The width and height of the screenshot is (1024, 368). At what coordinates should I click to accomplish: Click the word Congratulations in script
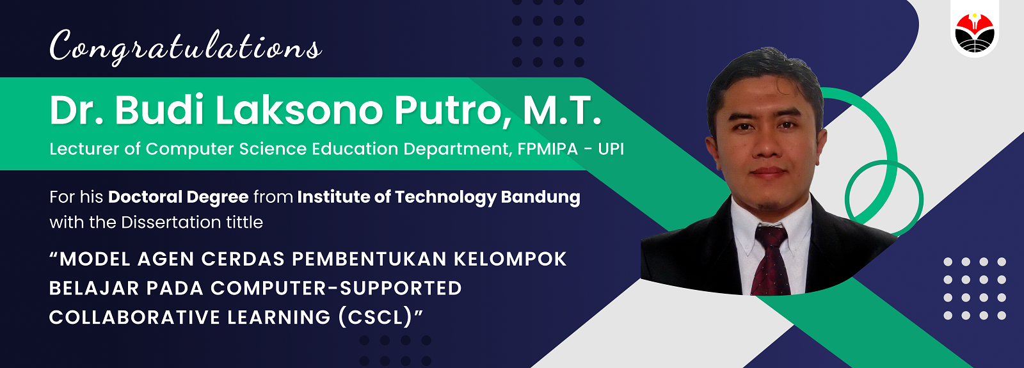pos(186,47)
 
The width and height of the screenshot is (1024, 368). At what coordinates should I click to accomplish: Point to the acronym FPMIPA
pos(548,149)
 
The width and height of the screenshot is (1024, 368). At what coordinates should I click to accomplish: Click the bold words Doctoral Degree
pos(179,198)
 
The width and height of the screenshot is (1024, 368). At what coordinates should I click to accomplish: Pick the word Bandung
pos(540,198)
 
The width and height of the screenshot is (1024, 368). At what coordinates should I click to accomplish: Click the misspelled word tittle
pos(244,222)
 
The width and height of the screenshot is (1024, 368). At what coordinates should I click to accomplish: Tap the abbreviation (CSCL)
pos(375,317)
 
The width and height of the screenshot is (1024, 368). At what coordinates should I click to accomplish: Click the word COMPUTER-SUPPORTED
pos(336,289)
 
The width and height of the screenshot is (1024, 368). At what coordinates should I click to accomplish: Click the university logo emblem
pos(974,33)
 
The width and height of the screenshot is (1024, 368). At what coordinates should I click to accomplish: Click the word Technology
pos(445,198)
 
